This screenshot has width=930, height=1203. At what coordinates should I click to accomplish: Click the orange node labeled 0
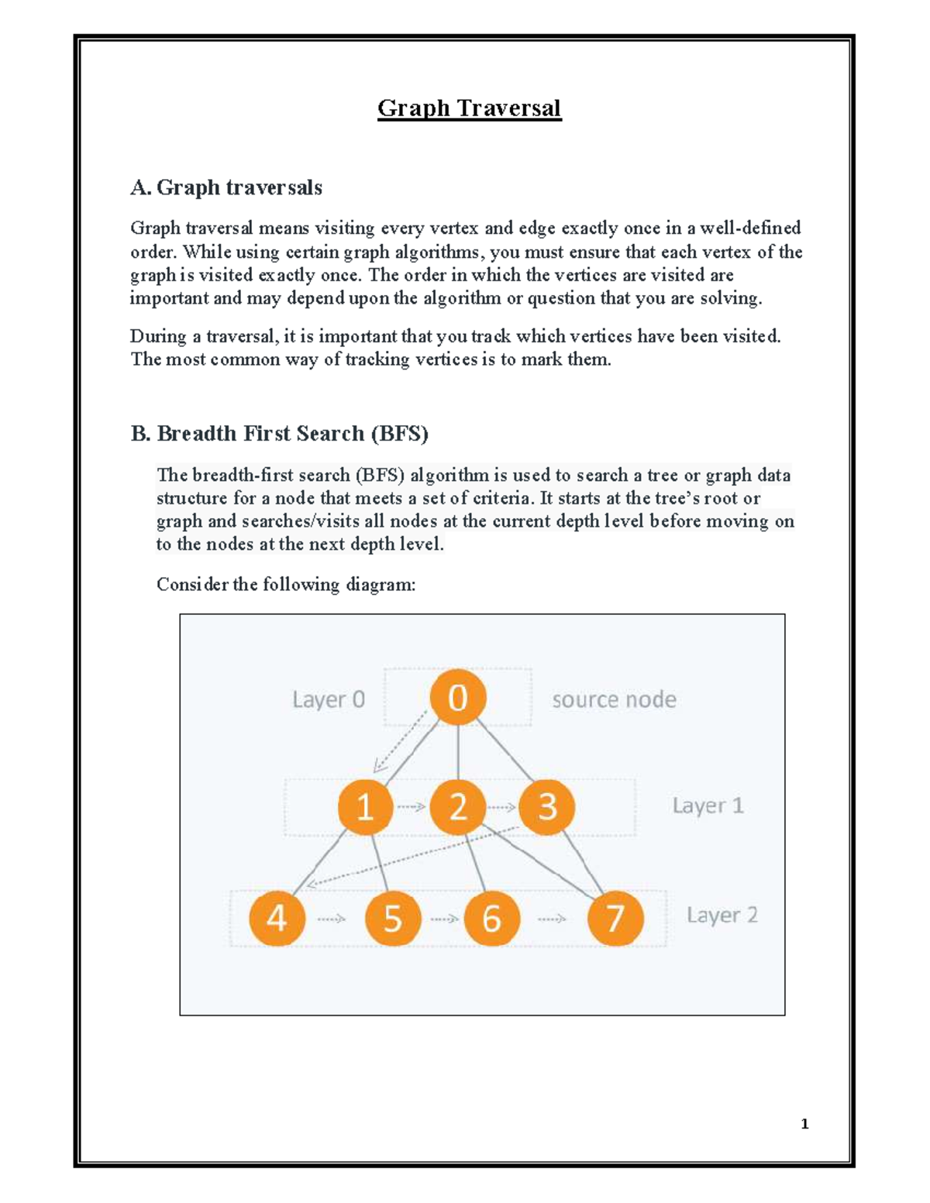(x=458, y=698)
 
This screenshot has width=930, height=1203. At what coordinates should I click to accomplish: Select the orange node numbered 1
(x=365, y=806)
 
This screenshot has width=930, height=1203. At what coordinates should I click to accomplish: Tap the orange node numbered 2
(x=458, y=806)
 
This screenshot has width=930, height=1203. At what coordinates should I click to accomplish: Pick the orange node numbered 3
(x=547, y=806)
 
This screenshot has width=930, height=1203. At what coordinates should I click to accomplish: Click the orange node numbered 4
(x=277, y=919)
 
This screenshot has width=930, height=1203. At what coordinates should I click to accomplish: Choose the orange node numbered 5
(x=393, y=919)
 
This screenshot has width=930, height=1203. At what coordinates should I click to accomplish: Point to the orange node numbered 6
(x=491, y=919)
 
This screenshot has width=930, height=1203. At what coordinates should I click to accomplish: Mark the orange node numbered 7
(x=615, y=919)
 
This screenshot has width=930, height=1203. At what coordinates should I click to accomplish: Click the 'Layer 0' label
(x=328, y=699)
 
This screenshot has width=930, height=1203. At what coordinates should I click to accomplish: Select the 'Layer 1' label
(x=708, y=806)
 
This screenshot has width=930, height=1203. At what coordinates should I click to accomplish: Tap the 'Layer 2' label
(x=722, y=915)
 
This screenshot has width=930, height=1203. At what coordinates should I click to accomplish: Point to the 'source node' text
(x=614, y=699)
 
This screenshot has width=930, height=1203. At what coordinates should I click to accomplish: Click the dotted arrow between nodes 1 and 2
(x=412, y=806)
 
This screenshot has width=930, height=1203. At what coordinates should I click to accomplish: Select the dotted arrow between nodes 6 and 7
(x=552, y=919)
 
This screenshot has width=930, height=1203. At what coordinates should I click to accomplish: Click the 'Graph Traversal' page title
(x=469, y=108)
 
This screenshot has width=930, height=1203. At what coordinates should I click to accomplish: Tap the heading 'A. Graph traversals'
(x=226, y=187)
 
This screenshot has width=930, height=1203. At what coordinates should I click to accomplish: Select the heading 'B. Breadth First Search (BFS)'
(x=280, y=433)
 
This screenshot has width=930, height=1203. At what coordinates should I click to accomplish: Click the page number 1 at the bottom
(x=804, y=1124)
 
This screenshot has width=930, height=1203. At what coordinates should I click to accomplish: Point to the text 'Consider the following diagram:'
(x=286, y=584)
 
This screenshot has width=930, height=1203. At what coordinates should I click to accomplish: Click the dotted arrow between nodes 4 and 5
(x=332, y=919)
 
